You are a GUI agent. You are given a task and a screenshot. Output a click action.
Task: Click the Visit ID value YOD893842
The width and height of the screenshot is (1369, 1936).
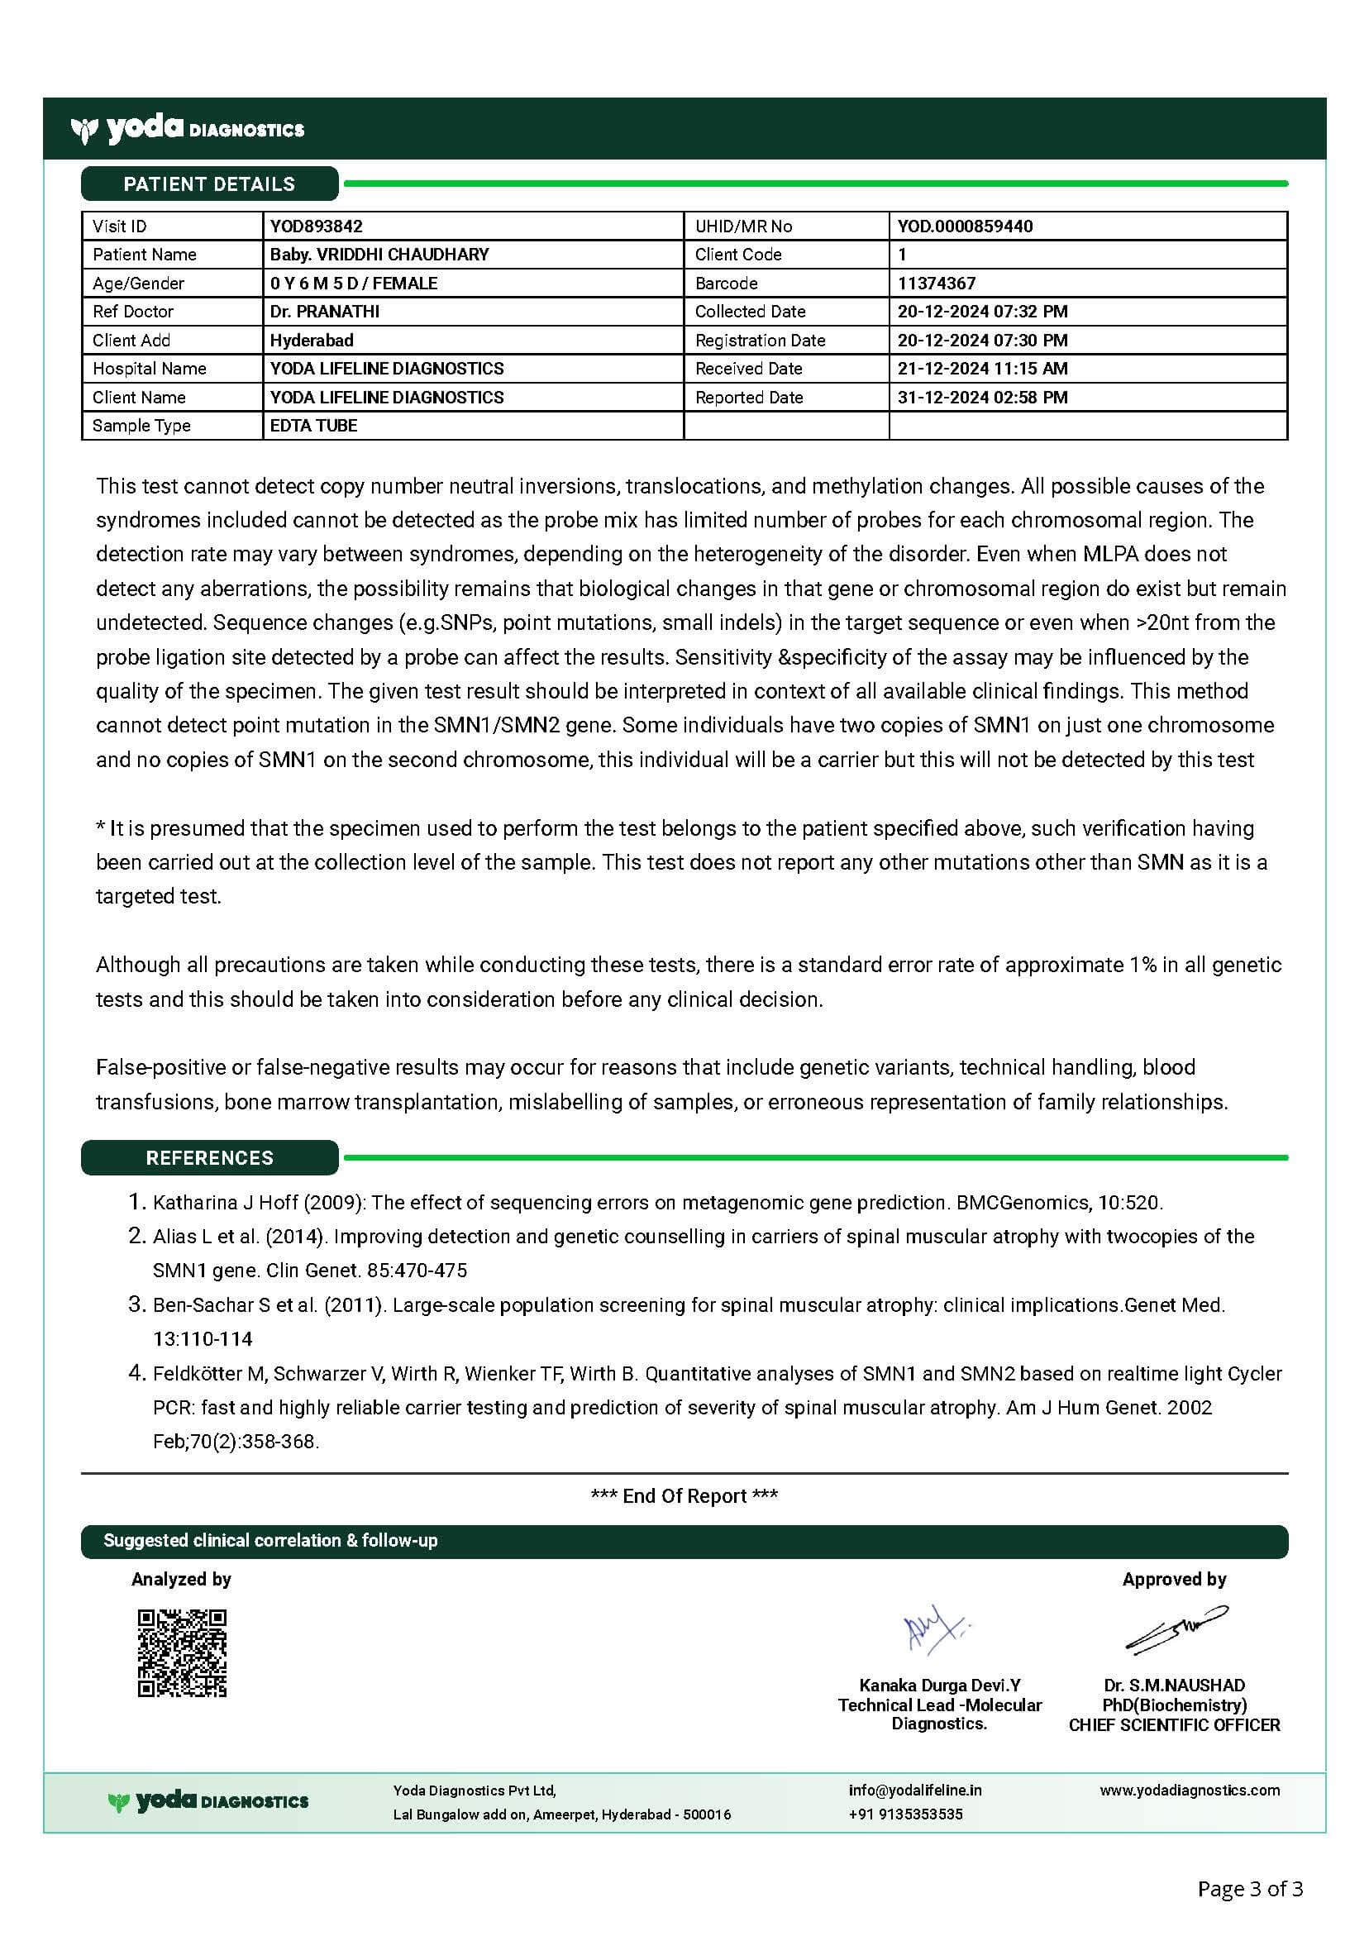(x=317, y=226)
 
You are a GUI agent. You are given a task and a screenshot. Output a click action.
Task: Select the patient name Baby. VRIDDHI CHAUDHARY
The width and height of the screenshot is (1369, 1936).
(x=379, y=255)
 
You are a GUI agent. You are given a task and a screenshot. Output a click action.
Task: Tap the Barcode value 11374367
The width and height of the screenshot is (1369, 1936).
(x=937, y=284)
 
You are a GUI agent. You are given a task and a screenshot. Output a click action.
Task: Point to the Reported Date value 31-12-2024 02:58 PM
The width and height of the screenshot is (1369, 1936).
(x=982, y=397)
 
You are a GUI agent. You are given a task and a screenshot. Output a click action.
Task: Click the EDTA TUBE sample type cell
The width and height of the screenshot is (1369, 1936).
(x=313, y=426)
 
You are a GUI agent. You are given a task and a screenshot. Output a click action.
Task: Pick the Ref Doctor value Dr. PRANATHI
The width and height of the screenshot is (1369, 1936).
(x=324, y=311)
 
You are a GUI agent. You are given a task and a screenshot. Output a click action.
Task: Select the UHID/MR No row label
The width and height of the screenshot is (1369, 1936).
(x=743, y=226)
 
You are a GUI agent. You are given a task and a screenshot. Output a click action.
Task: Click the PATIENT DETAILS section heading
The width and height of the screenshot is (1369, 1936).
(x=209, y=184)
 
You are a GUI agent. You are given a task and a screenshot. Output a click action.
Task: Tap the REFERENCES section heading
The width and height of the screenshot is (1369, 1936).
(x=209, y=1158)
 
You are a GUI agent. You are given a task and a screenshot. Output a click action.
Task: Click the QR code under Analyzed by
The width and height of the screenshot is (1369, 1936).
(x=182, y=1653)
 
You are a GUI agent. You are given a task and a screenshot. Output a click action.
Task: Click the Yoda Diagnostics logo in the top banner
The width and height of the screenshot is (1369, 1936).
(x=188, y=129)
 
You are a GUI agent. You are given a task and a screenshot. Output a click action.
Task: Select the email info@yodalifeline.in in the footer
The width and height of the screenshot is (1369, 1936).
(x=914, y=1791)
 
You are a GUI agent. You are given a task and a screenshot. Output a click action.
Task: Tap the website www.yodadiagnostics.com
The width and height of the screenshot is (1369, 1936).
(x=1190, y=1791)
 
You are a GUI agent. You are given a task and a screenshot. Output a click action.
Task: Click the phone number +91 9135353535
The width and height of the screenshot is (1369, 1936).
(x=905, y=1814)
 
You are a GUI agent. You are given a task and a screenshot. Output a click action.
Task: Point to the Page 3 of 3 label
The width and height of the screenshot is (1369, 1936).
(x=1250, y=1889)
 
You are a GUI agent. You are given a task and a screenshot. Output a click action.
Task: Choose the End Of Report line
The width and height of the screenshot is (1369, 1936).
(x=684, y=1496)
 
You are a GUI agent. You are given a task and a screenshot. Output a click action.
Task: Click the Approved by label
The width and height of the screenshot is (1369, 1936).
(x=1174, y=1580)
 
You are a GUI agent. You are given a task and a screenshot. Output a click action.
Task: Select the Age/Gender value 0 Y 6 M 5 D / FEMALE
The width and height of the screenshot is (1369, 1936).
(x=354, y=284)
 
